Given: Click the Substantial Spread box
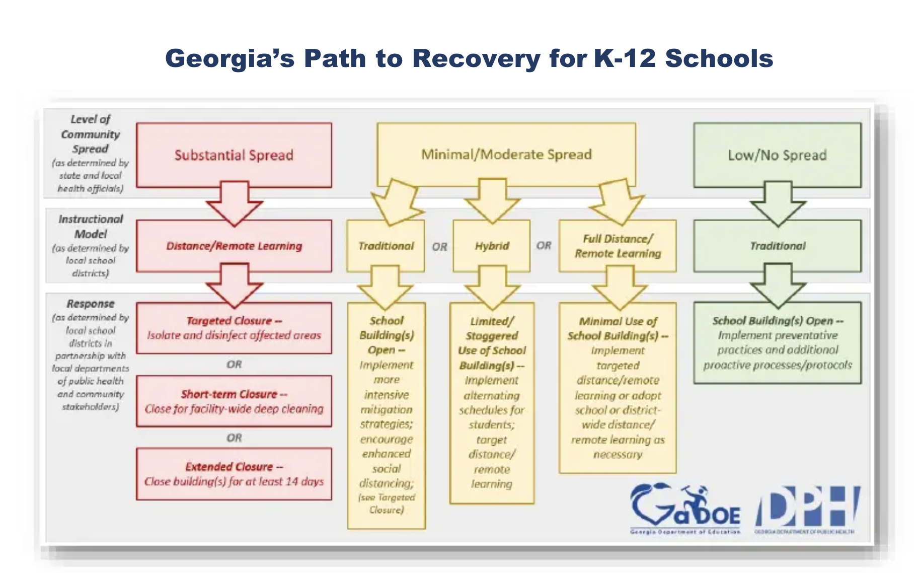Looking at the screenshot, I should pos(234,155).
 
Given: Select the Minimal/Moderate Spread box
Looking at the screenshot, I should pos(506,154).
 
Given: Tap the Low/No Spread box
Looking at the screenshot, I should pos(777,155).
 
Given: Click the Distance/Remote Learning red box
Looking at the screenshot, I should pos(234,246).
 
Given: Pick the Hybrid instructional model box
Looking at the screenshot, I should pos(492,246).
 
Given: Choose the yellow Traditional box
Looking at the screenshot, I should pos(386,246).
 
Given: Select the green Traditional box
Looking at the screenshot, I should pos(777,246).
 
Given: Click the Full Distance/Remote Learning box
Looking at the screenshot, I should pos(618,246).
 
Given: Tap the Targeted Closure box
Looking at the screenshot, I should pos(234,328).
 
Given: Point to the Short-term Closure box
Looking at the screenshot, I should pos(234,401).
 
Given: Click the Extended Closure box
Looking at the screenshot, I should pos(234,474).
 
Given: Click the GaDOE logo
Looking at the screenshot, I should pos(685,509).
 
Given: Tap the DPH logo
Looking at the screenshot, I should pos(807,509).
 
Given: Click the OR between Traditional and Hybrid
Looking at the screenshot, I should pos(439,247).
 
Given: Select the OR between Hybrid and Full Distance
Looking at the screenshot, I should pos(544,246).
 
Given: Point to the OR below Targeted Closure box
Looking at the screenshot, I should pos(234,364).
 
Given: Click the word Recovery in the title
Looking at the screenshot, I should pos(476,58).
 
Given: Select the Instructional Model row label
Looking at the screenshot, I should pos(91,227).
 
